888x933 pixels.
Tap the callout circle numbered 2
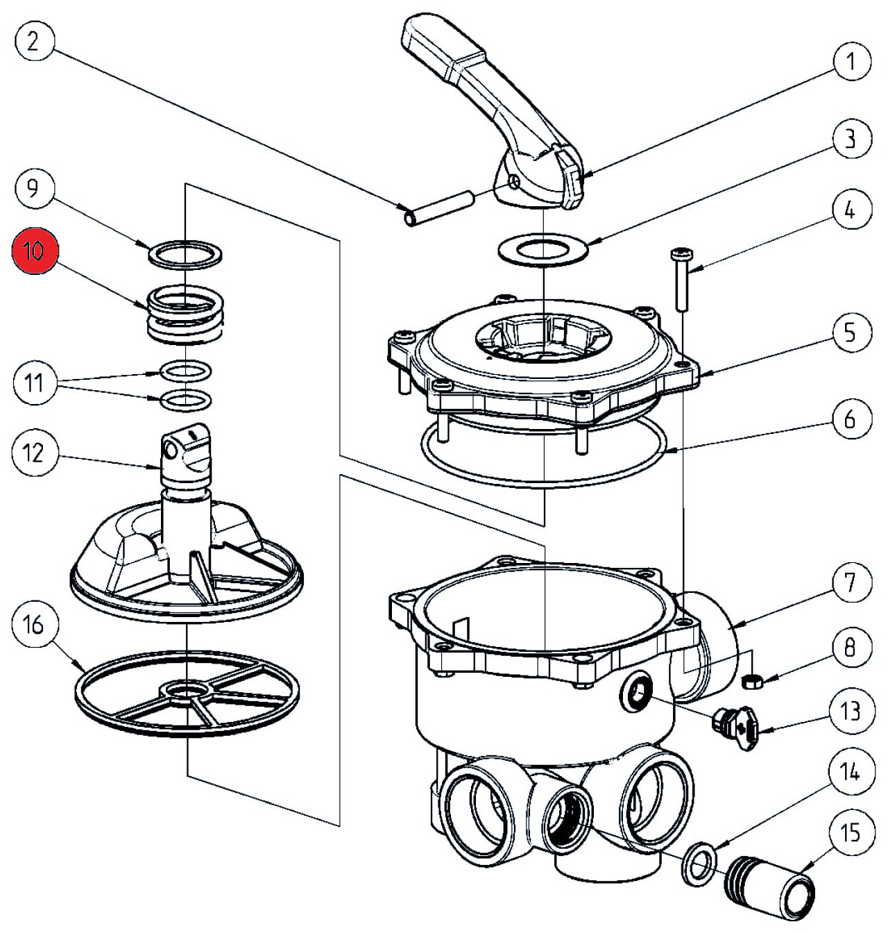coord(33,42)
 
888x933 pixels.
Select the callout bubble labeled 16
coord(33,626)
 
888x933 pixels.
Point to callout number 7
coord(850,583)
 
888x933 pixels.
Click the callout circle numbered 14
coord(850,771)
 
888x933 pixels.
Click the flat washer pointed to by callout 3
coord(543,249)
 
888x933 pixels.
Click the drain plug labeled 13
coord(735,724)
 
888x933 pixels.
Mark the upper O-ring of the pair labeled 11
coord(186,371)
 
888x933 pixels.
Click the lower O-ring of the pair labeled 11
coord(186,400)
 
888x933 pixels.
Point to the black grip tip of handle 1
coord(574,180)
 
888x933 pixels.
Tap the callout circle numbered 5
coord(850,333)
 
